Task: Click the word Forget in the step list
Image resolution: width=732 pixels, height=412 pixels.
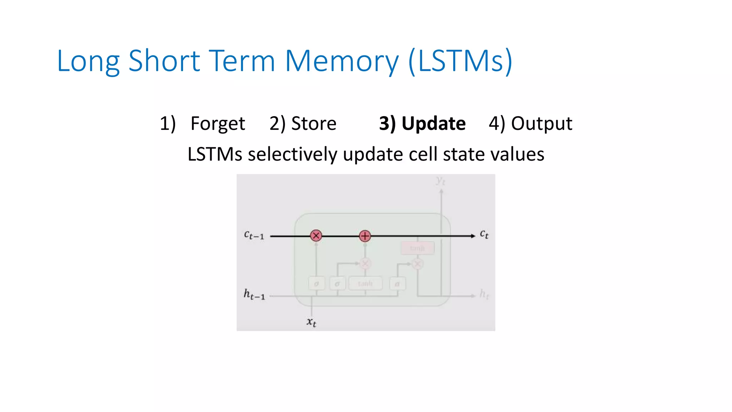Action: tap(218, 124)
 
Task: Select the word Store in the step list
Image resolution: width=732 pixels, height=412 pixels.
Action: tap(313, 124)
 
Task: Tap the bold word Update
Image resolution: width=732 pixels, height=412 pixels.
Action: tap(433, 124)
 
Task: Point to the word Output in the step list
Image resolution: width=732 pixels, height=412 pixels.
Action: tap(541, 124)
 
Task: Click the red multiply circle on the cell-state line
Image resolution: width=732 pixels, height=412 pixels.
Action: tap(316, 236)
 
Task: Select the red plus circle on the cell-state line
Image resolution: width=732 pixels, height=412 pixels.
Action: tap(365, 236)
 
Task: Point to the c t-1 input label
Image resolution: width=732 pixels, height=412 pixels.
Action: tap(254, 235)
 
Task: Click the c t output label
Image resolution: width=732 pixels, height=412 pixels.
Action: tap(484, 235)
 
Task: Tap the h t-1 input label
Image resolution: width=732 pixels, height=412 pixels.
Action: tap(254, 294)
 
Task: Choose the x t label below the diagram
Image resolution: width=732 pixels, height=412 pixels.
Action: tap(311, 322)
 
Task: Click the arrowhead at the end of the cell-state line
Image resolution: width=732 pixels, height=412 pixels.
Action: tap(473, 236)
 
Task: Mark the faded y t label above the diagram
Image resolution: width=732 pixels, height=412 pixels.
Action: tap(441, 181)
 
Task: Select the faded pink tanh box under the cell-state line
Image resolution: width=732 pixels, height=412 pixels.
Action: tap(417, 248)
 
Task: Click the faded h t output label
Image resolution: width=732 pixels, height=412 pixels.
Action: tap(484, 294)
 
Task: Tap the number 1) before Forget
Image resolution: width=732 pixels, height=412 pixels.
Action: tap(168, 124)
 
